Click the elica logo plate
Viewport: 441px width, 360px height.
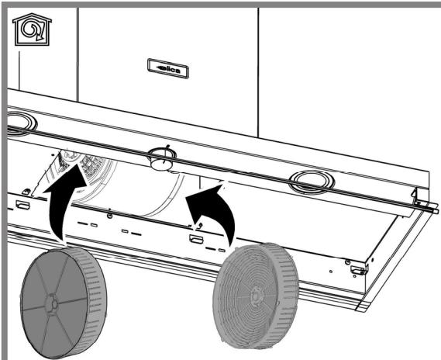point(168,68)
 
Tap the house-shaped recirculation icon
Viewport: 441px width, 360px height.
point(32,29)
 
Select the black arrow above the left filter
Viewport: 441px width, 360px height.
point(64,201)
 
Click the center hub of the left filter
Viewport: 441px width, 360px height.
point(51,304)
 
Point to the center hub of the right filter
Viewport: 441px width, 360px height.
point(255,294)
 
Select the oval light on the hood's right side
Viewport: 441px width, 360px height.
point(312,182)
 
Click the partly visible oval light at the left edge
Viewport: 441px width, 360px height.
point(22,123)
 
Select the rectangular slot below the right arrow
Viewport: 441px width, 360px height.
point(196,239)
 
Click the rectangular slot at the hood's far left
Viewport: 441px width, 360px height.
point(22,205)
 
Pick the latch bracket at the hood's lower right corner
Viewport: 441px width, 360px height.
point(359,271)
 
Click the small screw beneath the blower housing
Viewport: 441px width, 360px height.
point(110,216)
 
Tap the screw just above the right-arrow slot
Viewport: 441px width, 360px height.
point(200,225)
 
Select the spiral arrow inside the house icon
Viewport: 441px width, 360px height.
point(32,30)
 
